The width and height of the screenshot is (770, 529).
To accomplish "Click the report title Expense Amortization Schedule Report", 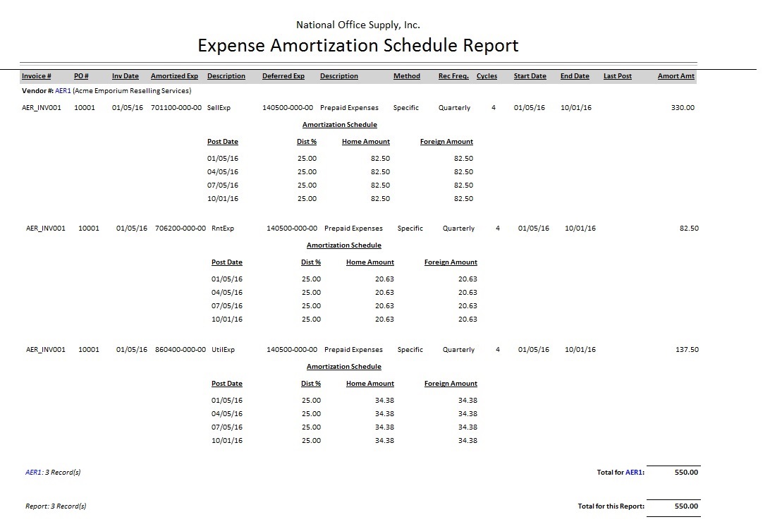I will click(358, 46).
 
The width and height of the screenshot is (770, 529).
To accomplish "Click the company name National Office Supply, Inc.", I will click(358, 25).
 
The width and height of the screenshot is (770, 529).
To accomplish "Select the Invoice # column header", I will click(37, 76).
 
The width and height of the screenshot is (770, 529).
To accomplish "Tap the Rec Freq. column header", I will click(453, 76).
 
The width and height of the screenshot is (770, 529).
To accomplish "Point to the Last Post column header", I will click(618, 76).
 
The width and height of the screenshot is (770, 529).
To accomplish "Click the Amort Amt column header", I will click(676, 76).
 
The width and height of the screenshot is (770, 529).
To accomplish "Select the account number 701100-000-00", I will click(176, 108).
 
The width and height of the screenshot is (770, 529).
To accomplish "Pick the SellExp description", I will click(219, 108).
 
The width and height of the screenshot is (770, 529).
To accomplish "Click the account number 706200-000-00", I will click(181, 229).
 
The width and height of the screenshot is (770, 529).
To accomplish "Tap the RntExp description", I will click(223, 229).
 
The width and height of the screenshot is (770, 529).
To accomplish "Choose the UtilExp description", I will click(224, 350).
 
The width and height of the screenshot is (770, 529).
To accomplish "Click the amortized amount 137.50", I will click(687, 350).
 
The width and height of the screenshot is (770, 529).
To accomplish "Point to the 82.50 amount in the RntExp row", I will click(689, 229).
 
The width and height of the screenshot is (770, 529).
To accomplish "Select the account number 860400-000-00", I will click(181, 350).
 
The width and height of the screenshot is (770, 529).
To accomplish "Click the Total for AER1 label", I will click(621, 473).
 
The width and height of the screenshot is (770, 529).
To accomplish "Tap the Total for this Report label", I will click(611, 506).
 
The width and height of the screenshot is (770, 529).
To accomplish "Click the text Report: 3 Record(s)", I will click(56, 506).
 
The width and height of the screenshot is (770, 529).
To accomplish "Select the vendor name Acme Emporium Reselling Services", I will click(133, 91).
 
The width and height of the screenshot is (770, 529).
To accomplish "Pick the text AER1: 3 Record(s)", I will click(53, 473).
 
